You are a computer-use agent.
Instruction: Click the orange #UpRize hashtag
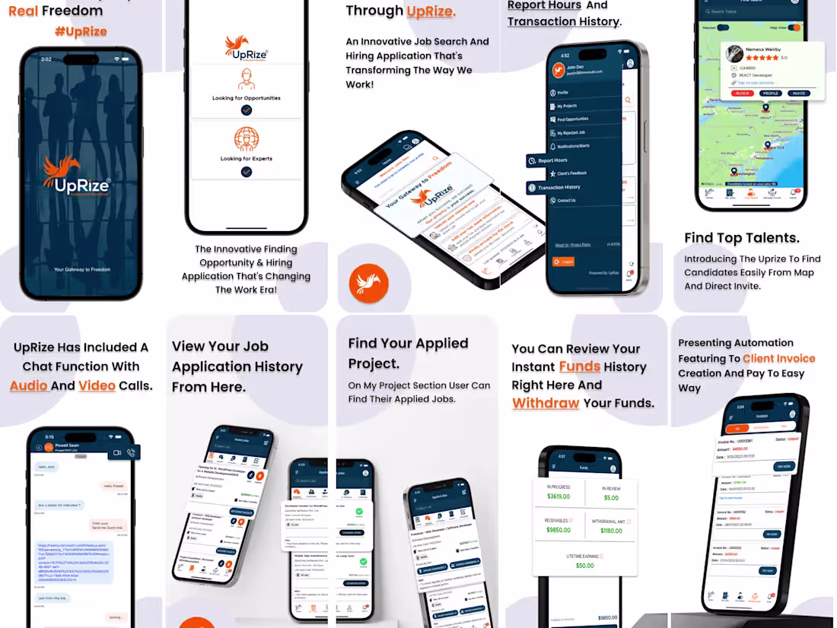click(x=81, y=31)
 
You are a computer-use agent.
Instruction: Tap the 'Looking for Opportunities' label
click(x=246, y=98)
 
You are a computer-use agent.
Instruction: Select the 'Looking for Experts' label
click(x=246, y=159)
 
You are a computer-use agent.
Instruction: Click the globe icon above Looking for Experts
click(x=246, y=139)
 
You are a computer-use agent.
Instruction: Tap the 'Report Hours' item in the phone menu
click(x=552, y=160)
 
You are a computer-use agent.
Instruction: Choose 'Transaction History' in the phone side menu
click(x=559, y=187)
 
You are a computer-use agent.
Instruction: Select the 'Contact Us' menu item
click(x=566, y=201)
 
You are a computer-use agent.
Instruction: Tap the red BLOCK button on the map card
click(x=742, y=93)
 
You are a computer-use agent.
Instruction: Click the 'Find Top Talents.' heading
click(x=742, y=238)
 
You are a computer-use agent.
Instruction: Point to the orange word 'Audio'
click(x=27, y=385)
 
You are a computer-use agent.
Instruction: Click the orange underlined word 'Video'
click(x=97, y=385)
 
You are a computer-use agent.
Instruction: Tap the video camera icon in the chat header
click(x=117, y=452)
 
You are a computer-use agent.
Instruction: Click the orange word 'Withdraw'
click(x=546, y=403)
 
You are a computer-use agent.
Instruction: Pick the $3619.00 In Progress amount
click(x=559, y=496)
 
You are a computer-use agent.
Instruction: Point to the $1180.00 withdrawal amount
click(x=611, y=531)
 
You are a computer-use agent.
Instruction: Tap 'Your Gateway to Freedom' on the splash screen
click(x=81, y=270)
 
